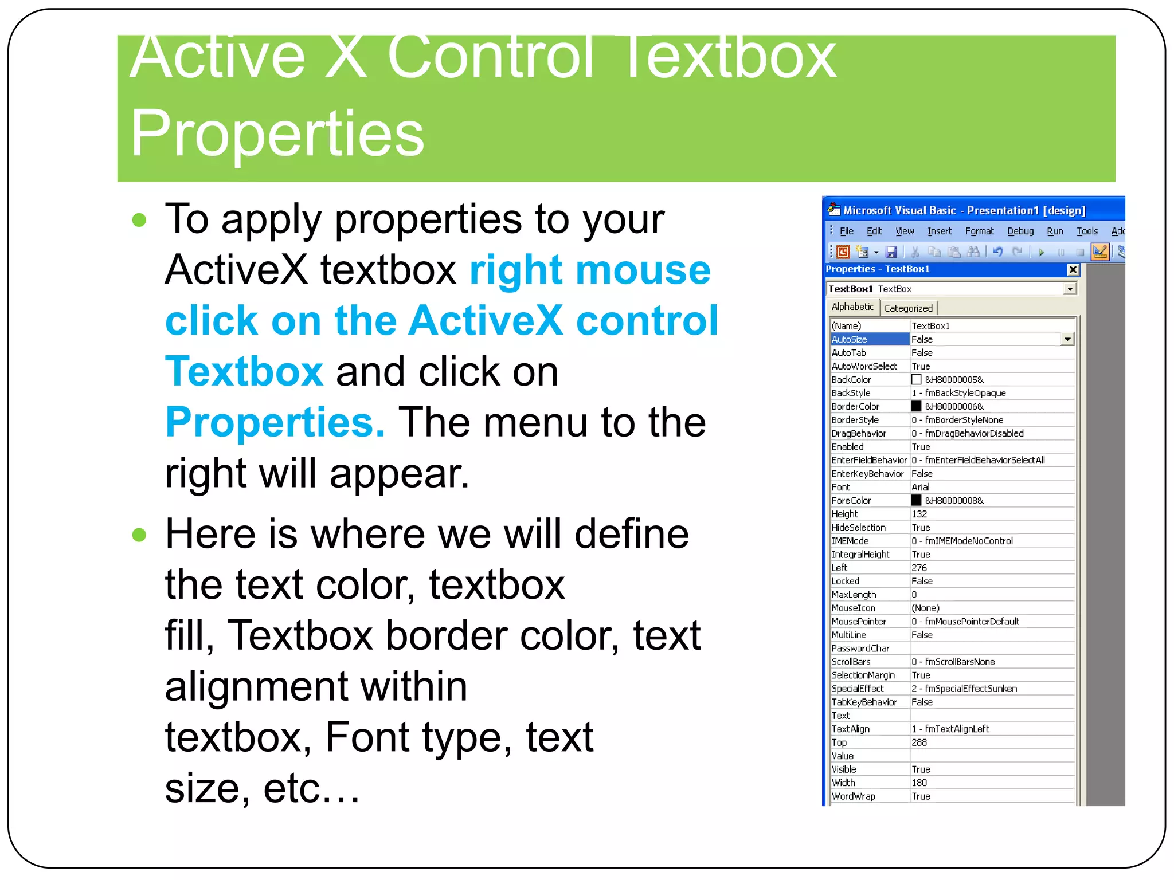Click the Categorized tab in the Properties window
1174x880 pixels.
(x=908, y=308)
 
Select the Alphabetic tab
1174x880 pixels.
(x=852, y=307)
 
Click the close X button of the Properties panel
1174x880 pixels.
(x=1073, y=269)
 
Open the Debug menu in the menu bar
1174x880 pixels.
(x=1020, y=231)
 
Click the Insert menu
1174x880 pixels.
(x=940, y=231)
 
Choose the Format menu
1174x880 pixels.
(x=979, y=231)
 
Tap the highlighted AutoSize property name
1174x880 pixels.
(x=850, y=340)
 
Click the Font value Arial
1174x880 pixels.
(x=921, y=488)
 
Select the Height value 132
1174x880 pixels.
(x=919, y=514)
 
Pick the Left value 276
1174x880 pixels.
(x=919, y=568)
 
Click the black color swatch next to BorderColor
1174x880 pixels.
(x=917, y=407)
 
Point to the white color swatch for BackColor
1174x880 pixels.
(x=917, y=380)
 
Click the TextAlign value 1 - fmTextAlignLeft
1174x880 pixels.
(x=950, y=729)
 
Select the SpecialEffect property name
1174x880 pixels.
(x=858, y=689)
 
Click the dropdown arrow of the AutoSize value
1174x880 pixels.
(x=1067, y=340)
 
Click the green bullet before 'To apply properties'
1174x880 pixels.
(x=139, y=220)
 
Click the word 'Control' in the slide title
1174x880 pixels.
(x=491, y=57)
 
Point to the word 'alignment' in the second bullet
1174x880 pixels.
(x=316, y=687)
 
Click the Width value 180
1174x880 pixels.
(x=919, y=783)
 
